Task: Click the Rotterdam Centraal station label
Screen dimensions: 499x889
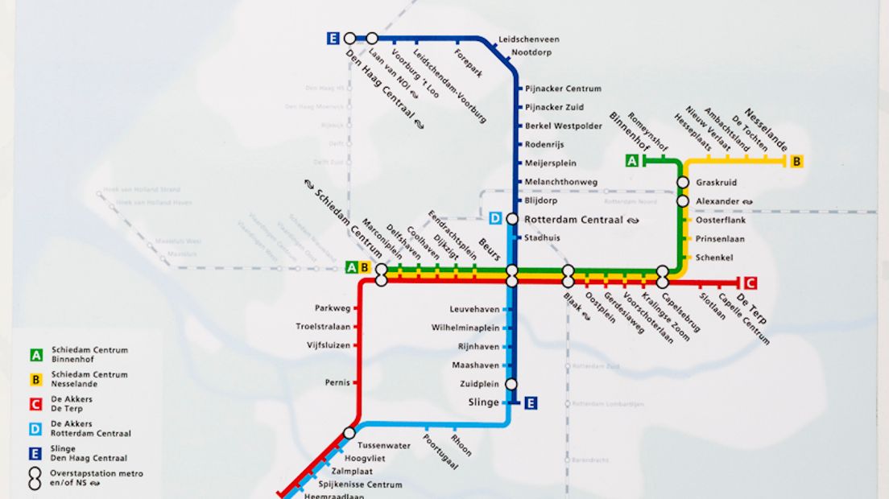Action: [573, 220]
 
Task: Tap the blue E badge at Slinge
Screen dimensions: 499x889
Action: [531, 403]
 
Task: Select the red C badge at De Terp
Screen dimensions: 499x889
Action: [750, 282]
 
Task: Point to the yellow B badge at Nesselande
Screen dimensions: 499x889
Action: [797, 161]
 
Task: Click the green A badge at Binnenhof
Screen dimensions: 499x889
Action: [633, 161]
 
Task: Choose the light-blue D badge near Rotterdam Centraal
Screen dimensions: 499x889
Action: [495, 219]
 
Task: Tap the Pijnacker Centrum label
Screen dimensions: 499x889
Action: [563, 89]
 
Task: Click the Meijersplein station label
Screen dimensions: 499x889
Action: [551, 163]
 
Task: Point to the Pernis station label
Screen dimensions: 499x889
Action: [337, 382]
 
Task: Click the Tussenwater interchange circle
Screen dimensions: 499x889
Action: [349, 433]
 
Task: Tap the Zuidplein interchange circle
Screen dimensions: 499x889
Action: [511, 385]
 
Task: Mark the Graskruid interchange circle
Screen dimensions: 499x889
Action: [683, 183]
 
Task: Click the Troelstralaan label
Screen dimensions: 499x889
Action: [324, 327]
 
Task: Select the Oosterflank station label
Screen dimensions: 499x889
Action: [721, 220]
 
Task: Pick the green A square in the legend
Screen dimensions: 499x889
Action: [36, 355]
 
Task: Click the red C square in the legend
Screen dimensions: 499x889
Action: [36, 404]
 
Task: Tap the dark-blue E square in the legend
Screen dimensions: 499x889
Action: [36, 452]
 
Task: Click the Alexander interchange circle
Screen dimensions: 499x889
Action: [683, 201]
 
